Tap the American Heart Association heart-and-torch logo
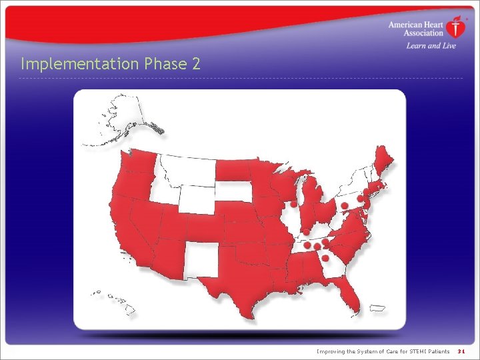455,27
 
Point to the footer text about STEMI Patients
383,351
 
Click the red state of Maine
383,160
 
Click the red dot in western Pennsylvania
345,205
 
